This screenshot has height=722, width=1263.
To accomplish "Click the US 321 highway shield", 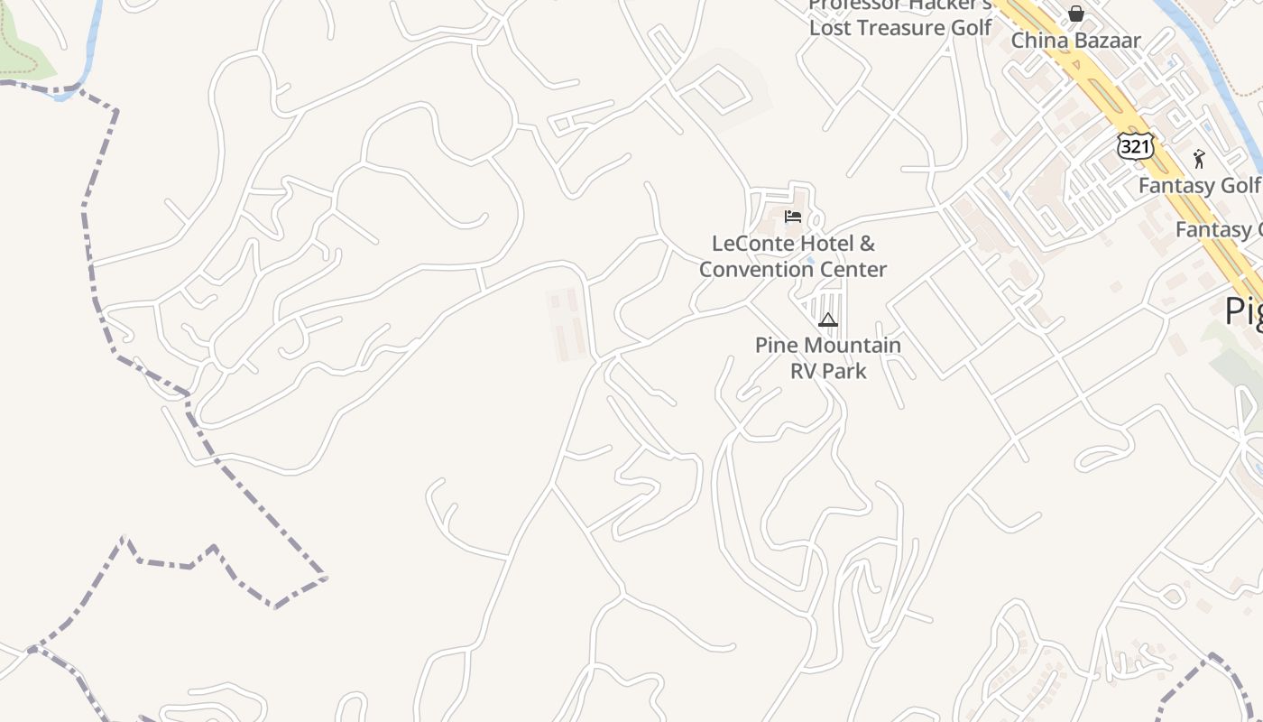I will point(1135,145).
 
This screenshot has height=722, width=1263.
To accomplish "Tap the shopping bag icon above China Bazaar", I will point(1076,14).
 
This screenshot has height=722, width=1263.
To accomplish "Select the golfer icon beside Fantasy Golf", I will point(1199,160).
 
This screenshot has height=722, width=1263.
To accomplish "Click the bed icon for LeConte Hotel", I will point(793,217).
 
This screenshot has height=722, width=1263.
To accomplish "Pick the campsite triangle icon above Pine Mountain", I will point(828,319).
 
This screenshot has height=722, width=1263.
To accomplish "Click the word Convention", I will point(754,269).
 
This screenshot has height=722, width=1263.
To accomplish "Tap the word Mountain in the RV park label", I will point(853,345).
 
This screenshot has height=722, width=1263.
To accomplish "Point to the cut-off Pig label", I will point(1244,311).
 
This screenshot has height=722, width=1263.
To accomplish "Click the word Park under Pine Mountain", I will point(847,370).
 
